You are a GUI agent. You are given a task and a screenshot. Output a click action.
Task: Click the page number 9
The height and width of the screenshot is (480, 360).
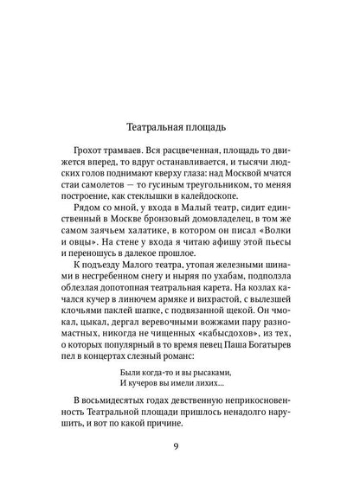pos(179,447)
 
